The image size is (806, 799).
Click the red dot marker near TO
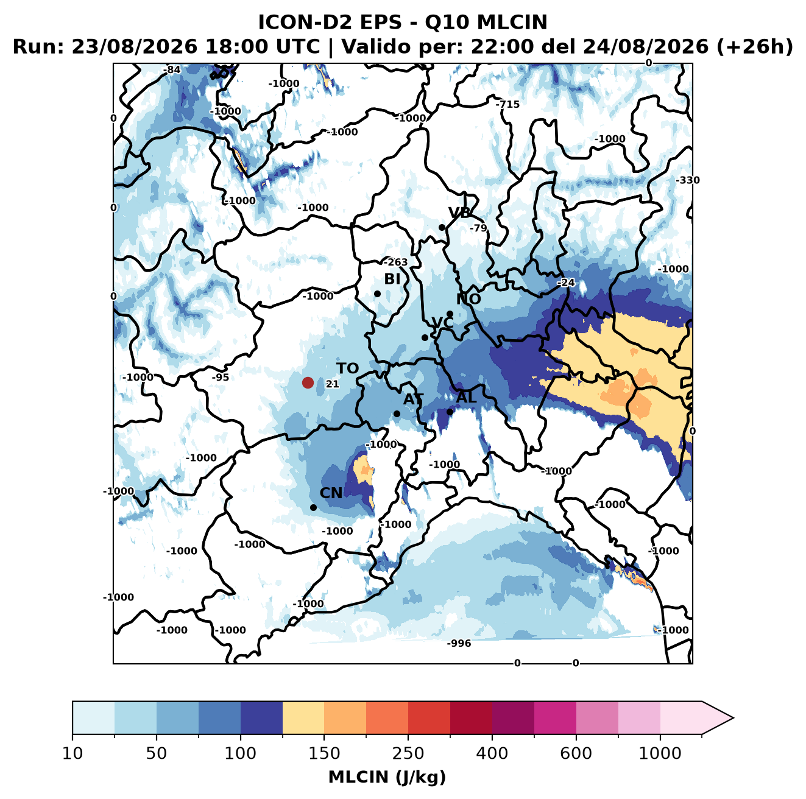308,382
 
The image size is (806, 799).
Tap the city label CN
330,493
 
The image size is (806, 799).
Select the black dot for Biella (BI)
377,294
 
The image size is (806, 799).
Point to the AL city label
466,397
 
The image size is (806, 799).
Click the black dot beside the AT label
397,414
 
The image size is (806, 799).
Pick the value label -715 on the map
507,104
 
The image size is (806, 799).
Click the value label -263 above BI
395,262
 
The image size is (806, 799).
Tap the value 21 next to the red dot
332,384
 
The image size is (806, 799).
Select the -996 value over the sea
459,643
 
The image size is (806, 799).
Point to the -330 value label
687,180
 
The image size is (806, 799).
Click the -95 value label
220,377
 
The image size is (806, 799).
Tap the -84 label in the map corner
172,70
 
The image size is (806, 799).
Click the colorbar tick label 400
492,753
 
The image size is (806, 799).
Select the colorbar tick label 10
72,753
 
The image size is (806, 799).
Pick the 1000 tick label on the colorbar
660,753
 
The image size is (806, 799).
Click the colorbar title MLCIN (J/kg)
387,777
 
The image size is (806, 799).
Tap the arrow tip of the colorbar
734,718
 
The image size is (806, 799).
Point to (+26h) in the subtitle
754,46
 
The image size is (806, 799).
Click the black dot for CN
313,507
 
